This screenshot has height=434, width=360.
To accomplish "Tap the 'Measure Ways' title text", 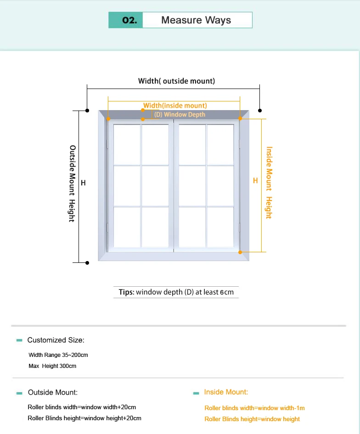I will pos(196,20).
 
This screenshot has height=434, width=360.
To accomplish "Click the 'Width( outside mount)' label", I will pos(176,81).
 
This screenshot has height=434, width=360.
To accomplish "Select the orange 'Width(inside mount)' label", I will pos(175,106).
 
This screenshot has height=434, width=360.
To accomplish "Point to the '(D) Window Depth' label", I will pos(180,114).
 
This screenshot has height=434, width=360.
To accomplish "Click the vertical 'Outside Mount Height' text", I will pos(72,184).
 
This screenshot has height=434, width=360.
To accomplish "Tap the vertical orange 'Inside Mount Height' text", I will pos(269,183).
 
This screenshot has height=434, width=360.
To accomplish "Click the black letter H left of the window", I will pos(83,183).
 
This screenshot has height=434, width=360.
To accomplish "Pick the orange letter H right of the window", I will pos(256,181).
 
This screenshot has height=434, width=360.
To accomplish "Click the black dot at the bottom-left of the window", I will pos(87,262).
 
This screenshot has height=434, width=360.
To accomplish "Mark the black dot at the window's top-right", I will pos(260,111).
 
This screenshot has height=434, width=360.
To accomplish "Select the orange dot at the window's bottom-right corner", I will pos(240,252).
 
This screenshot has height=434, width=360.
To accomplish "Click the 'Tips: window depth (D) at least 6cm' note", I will pos(176,292).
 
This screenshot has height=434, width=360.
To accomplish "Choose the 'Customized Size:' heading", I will pos(56,340).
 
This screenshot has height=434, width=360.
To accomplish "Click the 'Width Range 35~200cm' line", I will pos(58,355).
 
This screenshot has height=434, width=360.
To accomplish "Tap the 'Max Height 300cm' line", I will pos(52,366).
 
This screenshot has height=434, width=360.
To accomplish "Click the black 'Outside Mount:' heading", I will pos(53,392).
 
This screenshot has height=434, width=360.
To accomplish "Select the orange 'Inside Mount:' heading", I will pos(226,392).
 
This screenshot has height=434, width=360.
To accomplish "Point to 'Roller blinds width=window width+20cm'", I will pos(82,407).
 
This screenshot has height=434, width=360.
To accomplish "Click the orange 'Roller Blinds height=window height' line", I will pos(252,419).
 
